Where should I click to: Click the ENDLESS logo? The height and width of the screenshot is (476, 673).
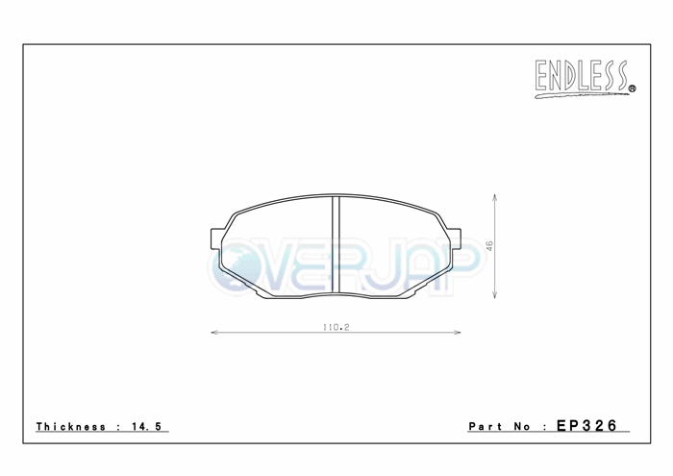pyautogui.click(x=585, y=79)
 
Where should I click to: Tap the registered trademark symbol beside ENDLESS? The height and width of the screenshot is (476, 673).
pyautogui.click(x=633, y=88)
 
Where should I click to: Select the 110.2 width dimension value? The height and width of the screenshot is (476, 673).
pyautogui.click(x=336, y=327)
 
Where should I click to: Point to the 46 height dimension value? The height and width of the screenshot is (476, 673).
pyautogui.click(x=489, y=245)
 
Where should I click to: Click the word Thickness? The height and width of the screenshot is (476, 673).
pyautogui.click(x=71, y=426)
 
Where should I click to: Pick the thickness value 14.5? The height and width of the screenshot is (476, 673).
pyautogui.click(x=146, y=426)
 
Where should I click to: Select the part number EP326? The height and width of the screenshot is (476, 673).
pyautogui.click(x=586, y=425)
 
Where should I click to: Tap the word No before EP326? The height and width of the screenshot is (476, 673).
pyautogui.click(x=522, y=426)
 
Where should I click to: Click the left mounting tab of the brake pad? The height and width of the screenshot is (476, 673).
pyautogui.click(x=216, y=238)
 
